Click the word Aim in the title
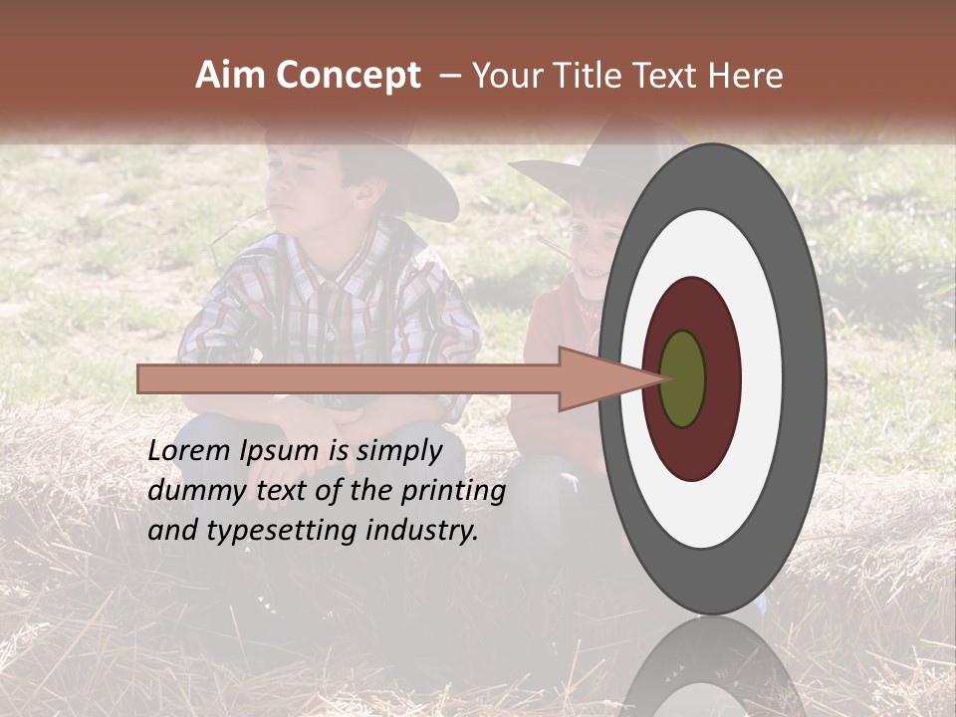click(x=231, y=76)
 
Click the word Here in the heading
click(x=746, y=76)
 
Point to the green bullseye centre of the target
click(x=682, y=379)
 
